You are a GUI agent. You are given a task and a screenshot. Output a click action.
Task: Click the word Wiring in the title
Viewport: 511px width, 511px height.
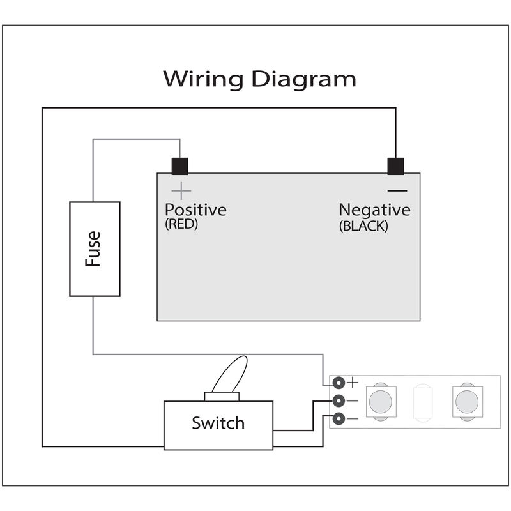(x=202, y=79)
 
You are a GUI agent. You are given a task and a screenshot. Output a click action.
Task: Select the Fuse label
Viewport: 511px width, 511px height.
(x=93, y=248)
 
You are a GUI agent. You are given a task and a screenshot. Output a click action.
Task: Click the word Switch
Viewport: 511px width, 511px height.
(x=218, y=423)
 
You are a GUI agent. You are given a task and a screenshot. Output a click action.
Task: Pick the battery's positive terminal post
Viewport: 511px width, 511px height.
(x=179, y=166)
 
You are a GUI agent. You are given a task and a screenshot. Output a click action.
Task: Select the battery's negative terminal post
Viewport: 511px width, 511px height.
(x=397, y=166)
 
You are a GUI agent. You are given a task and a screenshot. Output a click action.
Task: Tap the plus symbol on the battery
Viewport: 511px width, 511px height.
(x=182, y=190)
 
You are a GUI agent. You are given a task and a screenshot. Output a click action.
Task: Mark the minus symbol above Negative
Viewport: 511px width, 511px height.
(x=397, y=190)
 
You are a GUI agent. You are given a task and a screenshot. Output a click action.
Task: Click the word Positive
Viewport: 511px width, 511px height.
(x=195, y=210)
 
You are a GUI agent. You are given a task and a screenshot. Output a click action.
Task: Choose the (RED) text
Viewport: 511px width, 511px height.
(x=181, y=225)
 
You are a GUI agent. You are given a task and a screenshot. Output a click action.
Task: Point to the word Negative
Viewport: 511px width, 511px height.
(x=374, y=210)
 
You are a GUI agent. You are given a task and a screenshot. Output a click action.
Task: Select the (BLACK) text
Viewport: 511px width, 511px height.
(x=363, y=225)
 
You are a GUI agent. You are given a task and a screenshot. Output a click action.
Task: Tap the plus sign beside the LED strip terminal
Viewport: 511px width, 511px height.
(x=352, y=383)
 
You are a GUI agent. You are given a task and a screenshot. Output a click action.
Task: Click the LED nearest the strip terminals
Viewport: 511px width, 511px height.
(x=381, y=401)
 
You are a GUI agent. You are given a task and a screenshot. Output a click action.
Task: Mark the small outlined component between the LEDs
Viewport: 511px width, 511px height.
(x=422, y=401)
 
